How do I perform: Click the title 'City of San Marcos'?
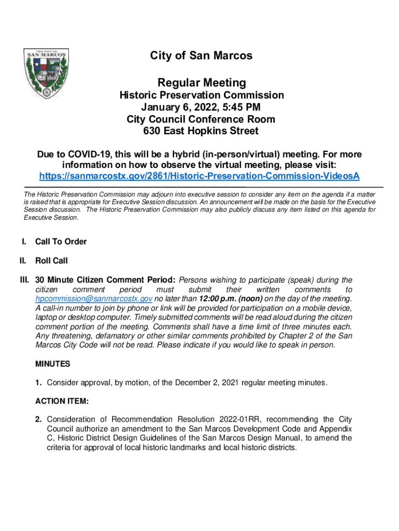coord(202,55)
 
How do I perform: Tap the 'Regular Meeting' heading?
coord(202,82)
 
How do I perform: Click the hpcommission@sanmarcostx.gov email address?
coord(93,299)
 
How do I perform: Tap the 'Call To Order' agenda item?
coord(61,242)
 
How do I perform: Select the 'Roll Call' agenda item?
coord(51,260)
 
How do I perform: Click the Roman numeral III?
coord(24,280)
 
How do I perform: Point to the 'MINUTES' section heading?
coord(52,364)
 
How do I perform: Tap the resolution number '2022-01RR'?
coord(233,419)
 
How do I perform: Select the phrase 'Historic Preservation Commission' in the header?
coord(202,95)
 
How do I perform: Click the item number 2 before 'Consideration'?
coord(38,419)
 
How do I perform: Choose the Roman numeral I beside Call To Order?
coord(23,242)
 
